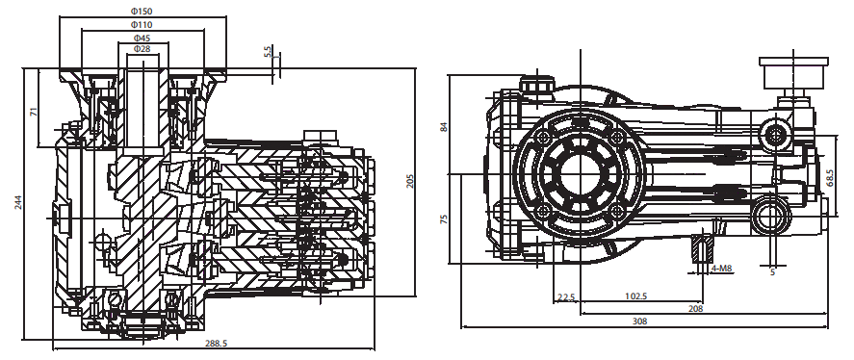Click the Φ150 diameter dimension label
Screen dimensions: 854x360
pos(142,12)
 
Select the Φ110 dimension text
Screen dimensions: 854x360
pos(142,24)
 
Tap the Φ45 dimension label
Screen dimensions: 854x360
pos(142,38)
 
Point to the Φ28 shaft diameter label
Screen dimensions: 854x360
pos(142,49)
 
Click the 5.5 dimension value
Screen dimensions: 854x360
pos(267,52)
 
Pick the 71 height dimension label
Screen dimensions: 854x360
pos(34,112)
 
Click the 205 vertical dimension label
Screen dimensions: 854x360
pos(411,181)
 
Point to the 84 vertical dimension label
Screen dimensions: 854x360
pos(444,127)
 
